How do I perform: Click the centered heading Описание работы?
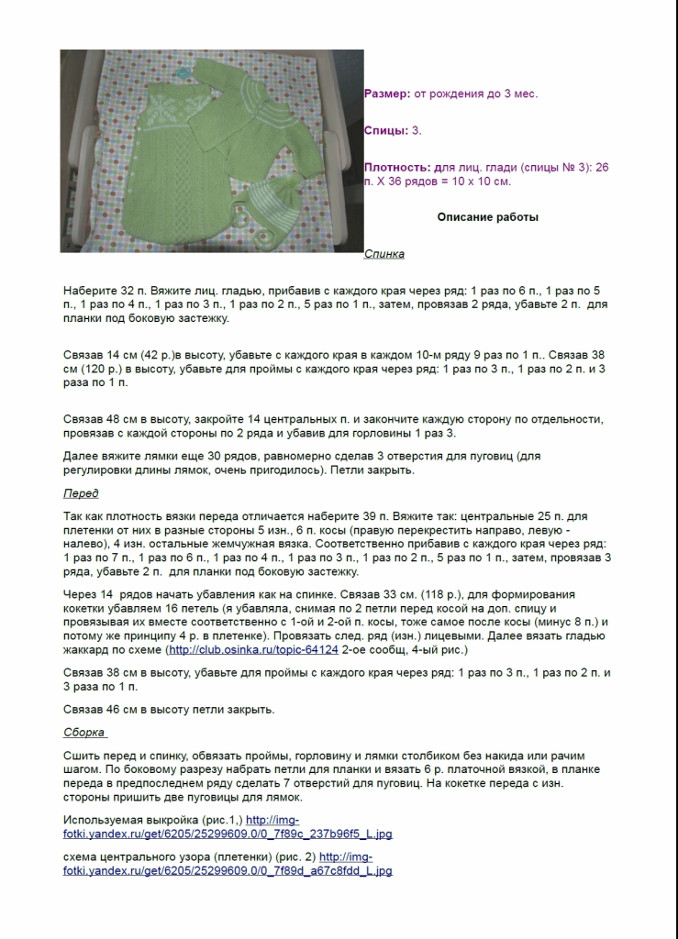click(x=487, y=217)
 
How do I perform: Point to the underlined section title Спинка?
click(x=383, y=254)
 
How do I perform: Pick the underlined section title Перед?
click(x=82, y=493)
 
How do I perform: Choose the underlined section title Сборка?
click(x=85, y=733)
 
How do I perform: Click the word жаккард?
click(x=88, y=649)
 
